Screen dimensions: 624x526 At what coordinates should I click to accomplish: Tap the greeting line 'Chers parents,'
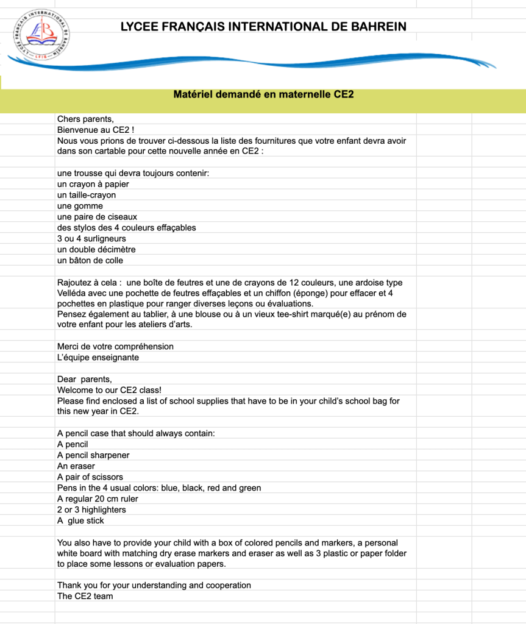point(85,119)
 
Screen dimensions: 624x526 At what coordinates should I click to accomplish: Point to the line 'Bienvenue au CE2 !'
point(95,130)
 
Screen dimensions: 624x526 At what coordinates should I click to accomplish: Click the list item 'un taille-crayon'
point(87,195)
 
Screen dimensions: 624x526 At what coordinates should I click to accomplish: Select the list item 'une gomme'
point(80,206)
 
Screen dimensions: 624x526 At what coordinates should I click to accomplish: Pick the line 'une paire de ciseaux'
point(97,217)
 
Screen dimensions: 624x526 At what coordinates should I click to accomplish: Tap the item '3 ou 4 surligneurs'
point(91,239)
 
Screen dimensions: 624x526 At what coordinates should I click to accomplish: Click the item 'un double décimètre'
point(96,249)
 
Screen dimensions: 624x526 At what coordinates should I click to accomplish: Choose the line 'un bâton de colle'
point(90,260)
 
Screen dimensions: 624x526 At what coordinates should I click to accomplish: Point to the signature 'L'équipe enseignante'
point(98,357)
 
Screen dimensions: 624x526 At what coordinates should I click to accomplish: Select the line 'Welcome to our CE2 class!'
point(109,390)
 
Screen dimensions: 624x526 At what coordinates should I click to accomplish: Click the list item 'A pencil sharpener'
point(93,455)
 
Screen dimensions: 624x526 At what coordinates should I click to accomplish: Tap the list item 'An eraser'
point(76,466)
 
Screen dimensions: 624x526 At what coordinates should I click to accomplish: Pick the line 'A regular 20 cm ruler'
point(98,498)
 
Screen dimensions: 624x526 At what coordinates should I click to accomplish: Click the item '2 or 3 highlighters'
point(91,509)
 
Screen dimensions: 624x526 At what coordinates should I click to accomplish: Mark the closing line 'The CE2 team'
point(85,596)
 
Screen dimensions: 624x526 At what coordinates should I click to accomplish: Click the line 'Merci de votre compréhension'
point(115,346)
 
